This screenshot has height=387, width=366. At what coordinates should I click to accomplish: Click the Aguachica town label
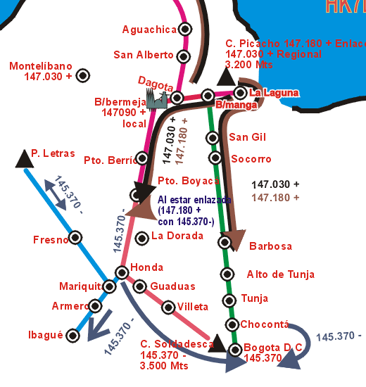(149, 30)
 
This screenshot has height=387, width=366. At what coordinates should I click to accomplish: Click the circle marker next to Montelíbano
(83, 75)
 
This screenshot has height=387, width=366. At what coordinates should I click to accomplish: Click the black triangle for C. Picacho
(226, 76)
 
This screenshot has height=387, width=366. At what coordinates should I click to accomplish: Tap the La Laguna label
(274, 93)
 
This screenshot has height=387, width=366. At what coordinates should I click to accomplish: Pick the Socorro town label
(251, 159)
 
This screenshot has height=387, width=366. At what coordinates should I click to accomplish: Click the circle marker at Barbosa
(225, 243)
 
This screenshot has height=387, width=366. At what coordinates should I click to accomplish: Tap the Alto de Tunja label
(280, 274)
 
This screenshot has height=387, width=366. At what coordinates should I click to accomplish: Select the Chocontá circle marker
(232, 324)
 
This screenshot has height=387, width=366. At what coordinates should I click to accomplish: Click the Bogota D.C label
(273, 347)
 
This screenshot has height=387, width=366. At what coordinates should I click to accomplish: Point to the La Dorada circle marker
(141, 238)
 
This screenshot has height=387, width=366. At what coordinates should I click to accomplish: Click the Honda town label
(147, 267)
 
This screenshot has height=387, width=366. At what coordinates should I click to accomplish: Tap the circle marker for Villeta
(168, 307)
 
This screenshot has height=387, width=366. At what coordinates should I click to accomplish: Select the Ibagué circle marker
(73, 336)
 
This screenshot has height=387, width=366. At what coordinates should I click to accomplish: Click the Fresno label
(51, 240)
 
